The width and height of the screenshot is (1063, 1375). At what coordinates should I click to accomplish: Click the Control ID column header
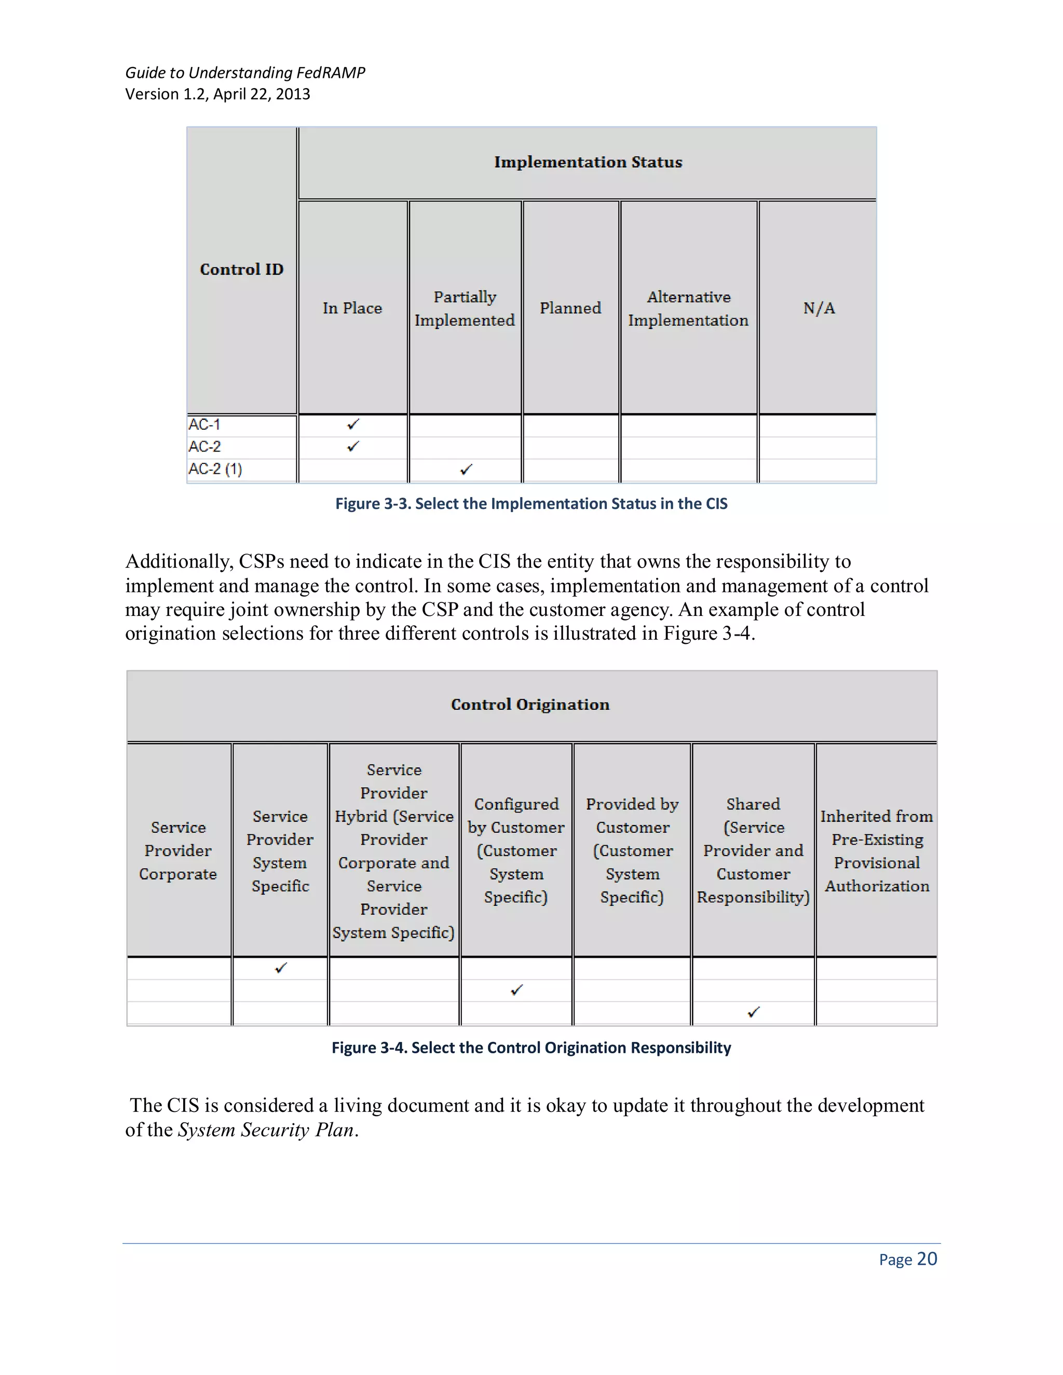[241, 269]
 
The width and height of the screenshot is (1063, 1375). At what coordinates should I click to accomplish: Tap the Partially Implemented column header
[465, 309]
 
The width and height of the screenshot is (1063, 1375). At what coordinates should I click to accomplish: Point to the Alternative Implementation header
[688, 309]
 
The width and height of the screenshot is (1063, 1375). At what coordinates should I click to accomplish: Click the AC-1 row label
[204, 424]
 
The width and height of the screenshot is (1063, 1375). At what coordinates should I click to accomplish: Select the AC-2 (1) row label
[215, 469]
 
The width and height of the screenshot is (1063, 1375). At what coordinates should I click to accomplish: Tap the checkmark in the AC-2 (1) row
[466, 470]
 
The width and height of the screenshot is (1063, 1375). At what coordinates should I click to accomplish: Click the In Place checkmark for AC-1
[353, 424]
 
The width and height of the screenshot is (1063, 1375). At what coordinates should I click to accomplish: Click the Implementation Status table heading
[588, 162]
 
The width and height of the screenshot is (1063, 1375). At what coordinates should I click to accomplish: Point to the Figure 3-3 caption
[531, 504]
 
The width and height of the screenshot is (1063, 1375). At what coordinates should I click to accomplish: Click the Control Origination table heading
[530, 705]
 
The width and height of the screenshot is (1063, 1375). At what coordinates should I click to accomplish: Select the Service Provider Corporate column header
[178, 850]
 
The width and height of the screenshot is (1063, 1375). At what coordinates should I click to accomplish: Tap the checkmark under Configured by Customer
[516, 991]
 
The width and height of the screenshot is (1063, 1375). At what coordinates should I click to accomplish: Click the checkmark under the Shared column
[754, 1012]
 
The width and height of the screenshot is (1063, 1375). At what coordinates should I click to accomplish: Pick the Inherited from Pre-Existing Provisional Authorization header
[877, 850]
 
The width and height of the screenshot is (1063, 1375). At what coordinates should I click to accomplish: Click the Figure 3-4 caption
[531, 1048]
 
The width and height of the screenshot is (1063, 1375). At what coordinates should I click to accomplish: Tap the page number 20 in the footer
[926, 1259]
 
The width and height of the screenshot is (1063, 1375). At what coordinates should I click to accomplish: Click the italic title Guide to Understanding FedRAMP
[245, 73]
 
